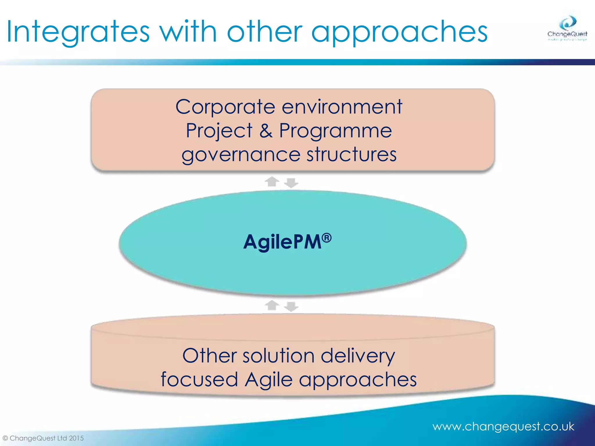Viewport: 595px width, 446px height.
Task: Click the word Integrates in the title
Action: click(78, 32)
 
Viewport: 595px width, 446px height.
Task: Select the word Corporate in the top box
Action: click(225, 107)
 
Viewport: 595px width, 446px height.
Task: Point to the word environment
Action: click(342, 107)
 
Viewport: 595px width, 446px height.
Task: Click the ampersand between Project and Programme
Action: click(266, 131)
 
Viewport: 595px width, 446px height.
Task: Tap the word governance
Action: click(241, 155)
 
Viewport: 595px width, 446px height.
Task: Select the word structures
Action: click(352, 154)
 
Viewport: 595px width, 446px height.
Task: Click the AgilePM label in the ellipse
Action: click(282, 242)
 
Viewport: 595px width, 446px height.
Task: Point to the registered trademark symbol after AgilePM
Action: click(327, 238)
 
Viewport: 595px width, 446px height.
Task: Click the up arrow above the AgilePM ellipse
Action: click(272, 181)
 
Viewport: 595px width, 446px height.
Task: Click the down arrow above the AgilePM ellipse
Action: click(291, 183)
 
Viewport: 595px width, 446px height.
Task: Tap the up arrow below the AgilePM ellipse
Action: click(272, 305)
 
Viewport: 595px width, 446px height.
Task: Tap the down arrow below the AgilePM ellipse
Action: click(291, 307)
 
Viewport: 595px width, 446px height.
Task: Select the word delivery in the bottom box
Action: click(358, 356)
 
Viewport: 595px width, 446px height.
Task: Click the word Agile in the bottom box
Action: click(268, 380)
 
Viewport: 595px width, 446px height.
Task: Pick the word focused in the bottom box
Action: click(199, 379)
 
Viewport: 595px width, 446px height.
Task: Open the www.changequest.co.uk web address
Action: click(503, 427)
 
